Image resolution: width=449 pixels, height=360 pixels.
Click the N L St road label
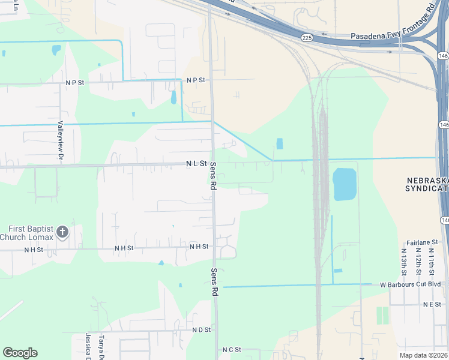196,163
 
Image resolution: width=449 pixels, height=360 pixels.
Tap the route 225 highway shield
307,38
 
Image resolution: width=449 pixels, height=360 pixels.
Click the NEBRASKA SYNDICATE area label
427,185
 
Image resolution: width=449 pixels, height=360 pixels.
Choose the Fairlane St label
423,242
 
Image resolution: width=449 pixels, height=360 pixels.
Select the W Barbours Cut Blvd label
410,284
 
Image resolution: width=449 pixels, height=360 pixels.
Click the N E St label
432,305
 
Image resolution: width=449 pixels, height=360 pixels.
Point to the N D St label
201,330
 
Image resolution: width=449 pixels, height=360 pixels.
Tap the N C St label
231,349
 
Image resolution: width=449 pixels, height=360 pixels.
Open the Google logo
20,353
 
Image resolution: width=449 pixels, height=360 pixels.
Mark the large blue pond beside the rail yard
343,184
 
